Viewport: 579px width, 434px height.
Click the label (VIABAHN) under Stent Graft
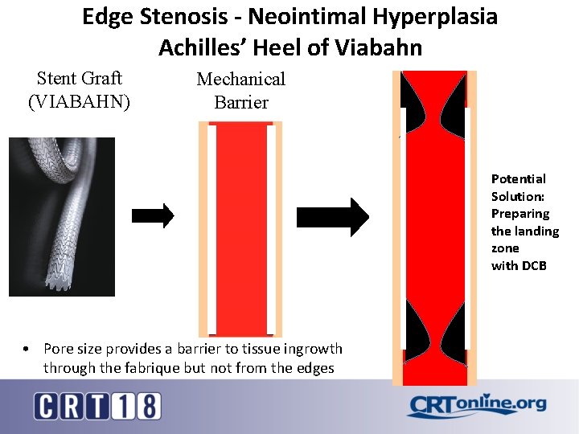tap(79, 102)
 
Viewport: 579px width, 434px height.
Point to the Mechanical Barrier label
tap(241, 90)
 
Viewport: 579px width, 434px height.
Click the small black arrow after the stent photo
tap(152, 215)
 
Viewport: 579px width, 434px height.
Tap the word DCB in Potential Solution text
tap(533, 265)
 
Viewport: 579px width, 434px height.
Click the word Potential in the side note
tap(518, 178)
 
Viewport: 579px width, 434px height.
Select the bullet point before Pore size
tap(27, 349)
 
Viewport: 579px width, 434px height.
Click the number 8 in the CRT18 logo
tap(147, 406)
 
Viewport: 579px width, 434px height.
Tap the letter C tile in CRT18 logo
tap(47, 406)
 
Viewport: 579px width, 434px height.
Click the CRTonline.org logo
tap(476, 405)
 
